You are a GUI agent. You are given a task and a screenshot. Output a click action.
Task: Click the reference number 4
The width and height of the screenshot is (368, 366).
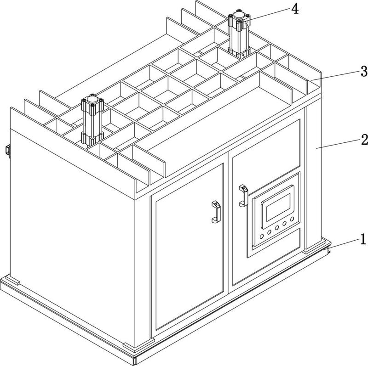click(295, 8)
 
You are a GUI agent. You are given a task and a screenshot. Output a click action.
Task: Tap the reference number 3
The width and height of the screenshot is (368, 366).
click(363, 71)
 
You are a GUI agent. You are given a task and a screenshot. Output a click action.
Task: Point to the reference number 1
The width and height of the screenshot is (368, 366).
click(363, 239)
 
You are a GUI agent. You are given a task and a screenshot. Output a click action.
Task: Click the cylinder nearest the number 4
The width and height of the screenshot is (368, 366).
click(239, 34)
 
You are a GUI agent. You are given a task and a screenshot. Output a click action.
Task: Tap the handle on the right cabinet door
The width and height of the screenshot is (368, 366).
click(242, 196)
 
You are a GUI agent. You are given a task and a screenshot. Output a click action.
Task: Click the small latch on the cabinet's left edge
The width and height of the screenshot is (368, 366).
click(8, 151)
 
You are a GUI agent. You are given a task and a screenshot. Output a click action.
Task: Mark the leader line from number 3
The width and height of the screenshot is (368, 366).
click(336, 75)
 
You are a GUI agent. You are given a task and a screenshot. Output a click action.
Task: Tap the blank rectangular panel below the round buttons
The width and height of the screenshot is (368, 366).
click(276, 244)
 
